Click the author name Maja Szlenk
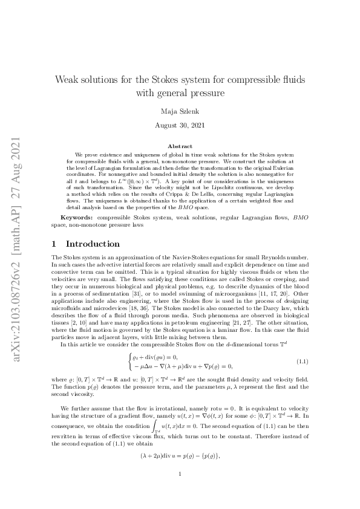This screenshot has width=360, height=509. [180, 111]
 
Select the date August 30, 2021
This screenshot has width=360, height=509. [180, 126]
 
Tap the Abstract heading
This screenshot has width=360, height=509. [180, 146]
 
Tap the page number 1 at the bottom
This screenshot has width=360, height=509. [180, 475]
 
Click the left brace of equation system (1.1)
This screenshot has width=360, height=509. [129, 361]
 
